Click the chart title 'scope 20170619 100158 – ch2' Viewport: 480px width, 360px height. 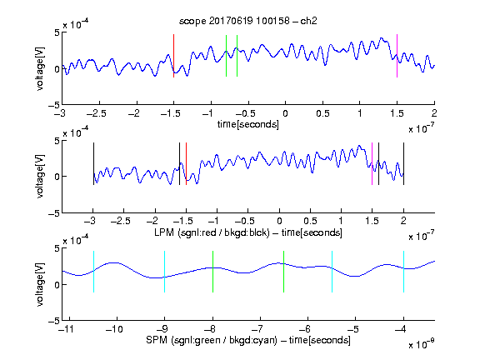coord(248,21)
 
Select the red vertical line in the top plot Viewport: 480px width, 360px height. coord(173,56)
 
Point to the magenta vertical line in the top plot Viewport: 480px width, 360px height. coord(397,56)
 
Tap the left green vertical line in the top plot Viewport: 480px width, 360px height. coord(226,56)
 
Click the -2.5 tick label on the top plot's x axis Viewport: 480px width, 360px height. coord(97,113)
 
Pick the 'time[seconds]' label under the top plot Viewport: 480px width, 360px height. coord(248,124)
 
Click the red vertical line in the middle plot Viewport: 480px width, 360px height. coord(186,164)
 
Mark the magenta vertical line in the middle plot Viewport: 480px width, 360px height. coord(372,164)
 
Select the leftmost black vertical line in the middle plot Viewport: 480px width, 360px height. coord(93,164)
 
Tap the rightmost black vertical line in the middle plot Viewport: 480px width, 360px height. coord(403,164)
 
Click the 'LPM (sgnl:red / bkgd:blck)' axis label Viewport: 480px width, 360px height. coord(212,232)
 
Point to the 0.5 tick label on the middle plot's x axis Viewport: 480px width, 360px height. coord(310,221)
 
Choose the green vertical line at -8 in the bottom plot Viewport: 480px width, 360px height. coord(212,272)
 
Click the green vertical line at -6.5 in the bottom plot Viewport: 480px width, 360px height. coord(284,272)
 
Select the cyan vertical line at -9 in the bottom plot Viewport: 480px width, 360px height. coord(164,272)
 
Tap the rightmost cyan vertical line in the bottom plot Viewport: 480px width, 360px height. coord(403,272)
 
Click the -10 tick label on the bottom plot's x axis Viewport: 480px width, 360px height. coord(114,329)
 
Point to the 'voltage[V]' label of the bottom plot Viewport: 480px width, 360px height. coord(40,284)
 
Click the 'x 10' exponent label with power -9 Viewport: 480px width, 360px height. coord(421,344)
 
